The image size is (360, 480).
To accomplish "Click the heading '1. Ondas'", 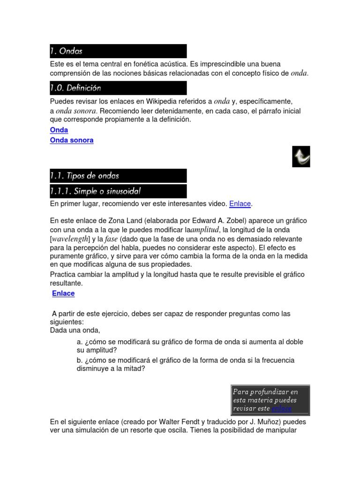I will [x=67, y=51].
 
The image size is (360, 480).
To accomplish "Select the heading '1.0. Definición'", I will [x=75, y=88].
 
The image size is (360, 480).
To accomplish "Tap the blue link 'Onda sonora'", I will [x=72, y=140].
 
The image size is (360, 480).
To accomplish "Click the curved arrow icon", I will [x=301, y=157].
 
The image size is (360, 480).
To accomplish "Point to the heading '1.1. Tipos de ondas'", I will [x=85, y=176].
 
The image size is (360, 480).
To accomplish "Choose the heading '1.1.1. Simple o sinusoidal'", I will [x=96, y=191].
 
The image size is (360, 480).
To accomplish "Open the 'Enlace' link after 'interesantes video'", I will [x=240, y=204].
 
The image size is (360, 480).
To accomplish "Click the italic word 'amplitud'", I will [x=205, y=230].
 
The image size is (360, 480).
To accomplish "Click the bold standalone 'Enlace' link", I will [x=63, y=293].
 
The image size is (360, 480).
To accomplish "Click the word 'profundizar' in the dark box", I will [x=268, y=391].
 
